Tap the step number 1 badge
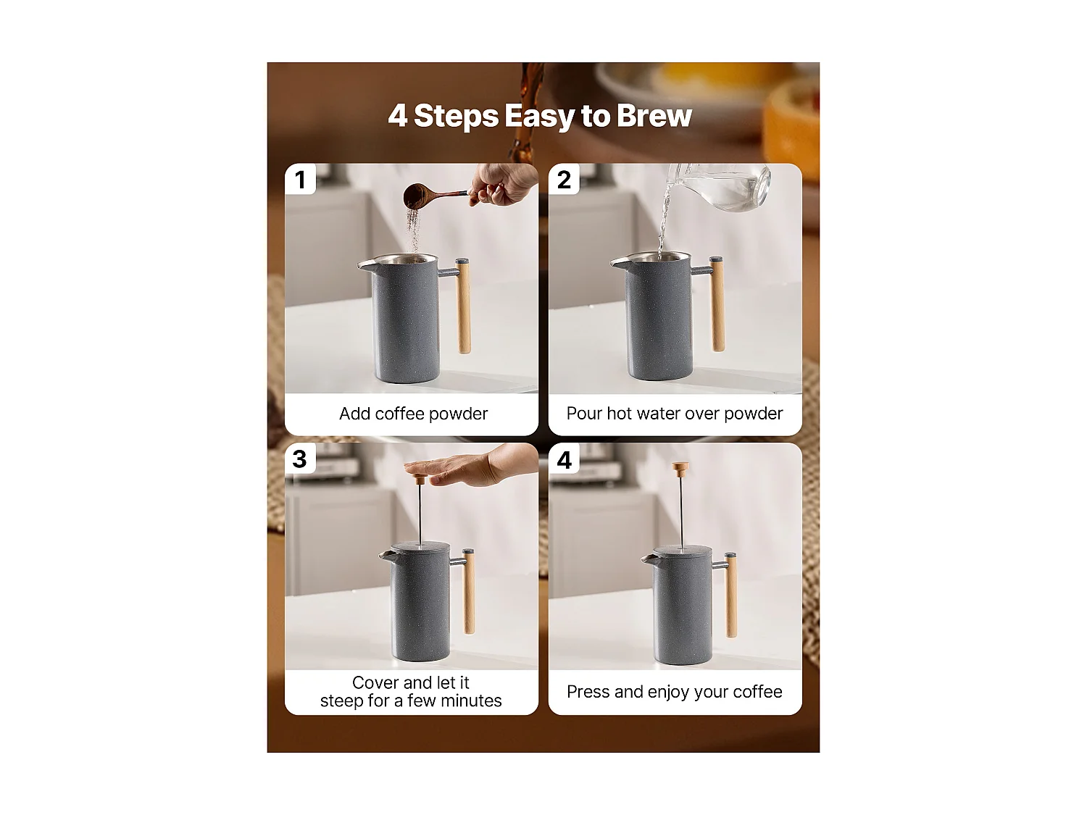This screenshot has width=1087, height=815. coord(300,180)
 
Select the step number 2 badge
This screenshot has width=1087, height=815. coord(564,180)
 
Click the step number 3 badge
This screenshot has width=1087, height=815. coord(300,459)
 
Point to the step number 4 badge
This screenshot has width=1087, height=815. coord(564,459)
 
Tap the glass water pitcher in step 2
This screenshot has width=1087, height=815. coord(725,185)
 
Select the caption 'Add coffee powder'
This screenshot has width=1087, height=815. coord(413,414)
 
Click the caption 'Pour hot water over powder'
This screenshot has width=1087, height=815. coord(675,414)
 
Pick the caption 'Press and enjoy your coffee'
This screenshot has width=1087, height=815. coord(675,692)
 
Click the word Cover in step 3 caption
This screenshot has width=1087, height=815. coord(375,682)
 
